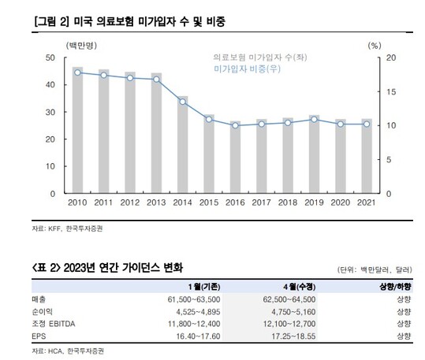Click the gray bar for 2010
pos(77,130)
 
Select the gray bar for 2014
pos(183,145)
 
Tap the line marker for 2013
pos(156,80)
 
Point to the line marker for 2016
pos(235,125)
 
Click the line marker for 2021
pos(367,124)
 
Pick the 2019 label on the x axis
pos(314,202)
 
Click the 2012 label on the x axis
pos(130,202)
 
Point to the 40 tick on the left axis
pos(50,85)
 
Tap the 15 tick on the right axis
pos(391,92)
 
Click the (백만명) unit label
pos(81,46)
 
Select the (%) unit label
pos(375,46)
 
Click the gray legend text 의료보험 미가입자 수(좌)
pos(260,58)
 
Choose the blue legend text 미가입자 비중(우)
pos(247,69)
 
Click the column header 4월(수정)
pos(300,287)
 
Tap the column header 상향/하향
pos(396,287)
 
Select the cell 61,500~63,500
pos(194,299)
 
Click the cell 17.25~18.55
pos(293,336)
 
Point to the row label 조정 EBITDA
pos(54,324)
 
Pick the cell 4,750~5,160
pos(293,312)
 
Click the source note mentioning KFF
pos(67,228)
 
